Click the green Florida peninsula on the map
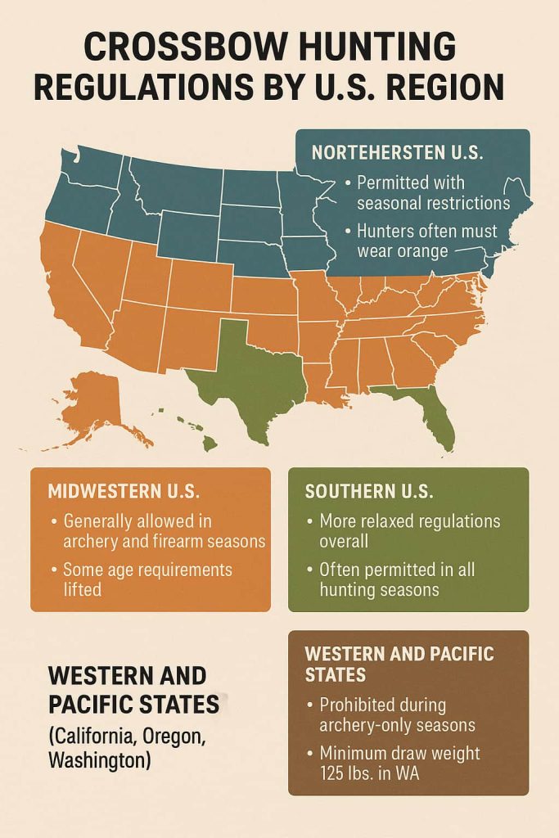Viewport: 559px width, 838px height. pos(435,417)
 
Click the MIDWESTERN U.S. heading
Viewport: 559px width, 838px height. pos(123,492)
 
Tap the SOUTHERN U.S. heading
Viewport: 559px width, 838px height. pos(369,492)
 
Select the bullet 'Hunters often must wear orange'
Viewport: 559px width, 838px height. pos(421,241)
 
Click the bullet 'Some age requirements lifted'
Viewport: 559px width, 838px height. pos(147,579)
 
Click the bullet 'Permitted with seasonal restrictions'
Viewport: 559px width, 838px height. pos(426,193)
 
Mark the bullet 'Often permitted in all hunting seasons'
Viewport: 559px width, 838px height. pos(396,579)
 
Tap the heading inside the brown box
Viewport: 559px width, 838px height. pos(399,665)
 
